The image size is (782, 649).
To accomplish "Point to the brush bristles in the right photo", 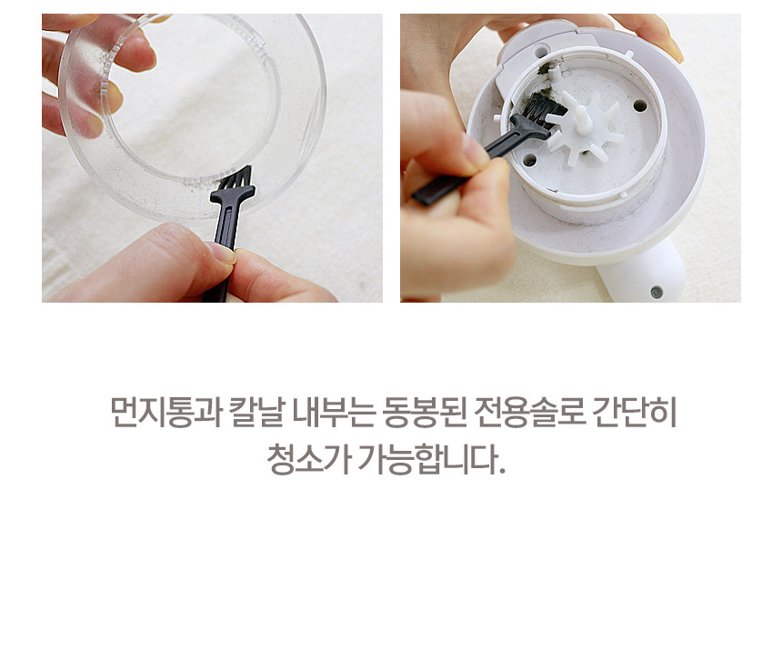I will click(540, 115).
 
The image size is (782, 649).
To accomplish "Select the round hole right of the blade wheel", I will click(640, 106).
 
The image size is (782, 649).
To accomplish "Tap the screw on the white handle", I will click(656, 292).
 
